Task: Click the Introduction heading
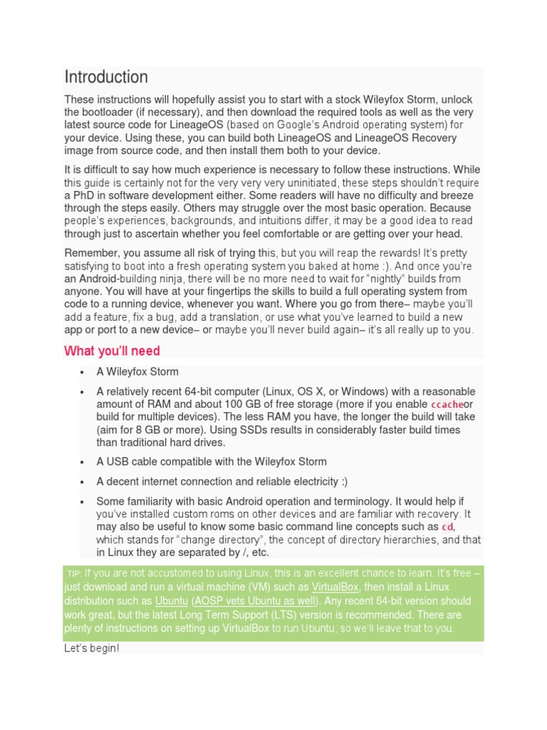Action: tap(106, 77)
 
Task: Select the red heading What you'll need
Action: tap(112, 351)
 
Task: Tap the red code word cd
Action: tap(447, 527)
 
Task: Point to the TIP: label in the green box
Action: tap(75, 574)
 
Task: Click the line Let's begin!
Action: tap(91, 649)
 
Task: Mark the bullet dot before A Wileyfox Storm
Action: tap(83, 372)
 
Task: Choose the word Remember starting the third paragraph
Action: tap(90, 253)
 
